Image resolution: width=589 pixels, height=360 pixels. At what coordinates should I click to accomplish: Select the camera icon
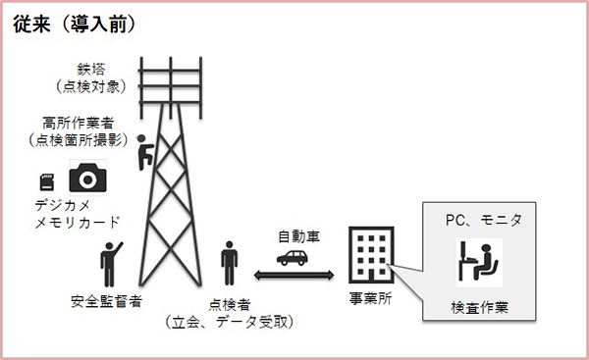[86, 178]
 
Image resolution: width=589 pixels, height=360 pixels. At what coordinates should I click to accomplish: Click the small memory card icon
[46, 181]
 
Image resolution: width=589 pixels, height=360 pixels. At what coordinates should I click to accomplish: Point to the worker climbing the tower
[144, 149]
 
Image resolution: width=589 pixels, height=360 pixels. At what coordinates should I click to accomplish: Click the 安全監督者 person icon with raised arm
[110, 258]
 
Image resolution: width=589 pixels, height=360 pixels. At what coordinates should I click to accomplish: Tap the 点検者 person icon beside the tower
[229, 260]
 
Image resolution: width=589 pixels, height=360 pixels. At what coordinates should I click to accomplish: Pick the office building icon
[369, 257]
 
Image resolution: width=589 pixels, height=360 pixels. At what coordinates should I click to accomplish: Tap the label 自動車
[297, 236]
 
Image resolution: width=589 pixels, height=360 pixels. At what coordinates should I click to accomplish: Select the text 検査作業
[478, 304]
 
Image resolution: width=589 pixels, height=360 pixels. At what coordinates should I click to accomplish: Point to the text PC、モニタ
[478, 222]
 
